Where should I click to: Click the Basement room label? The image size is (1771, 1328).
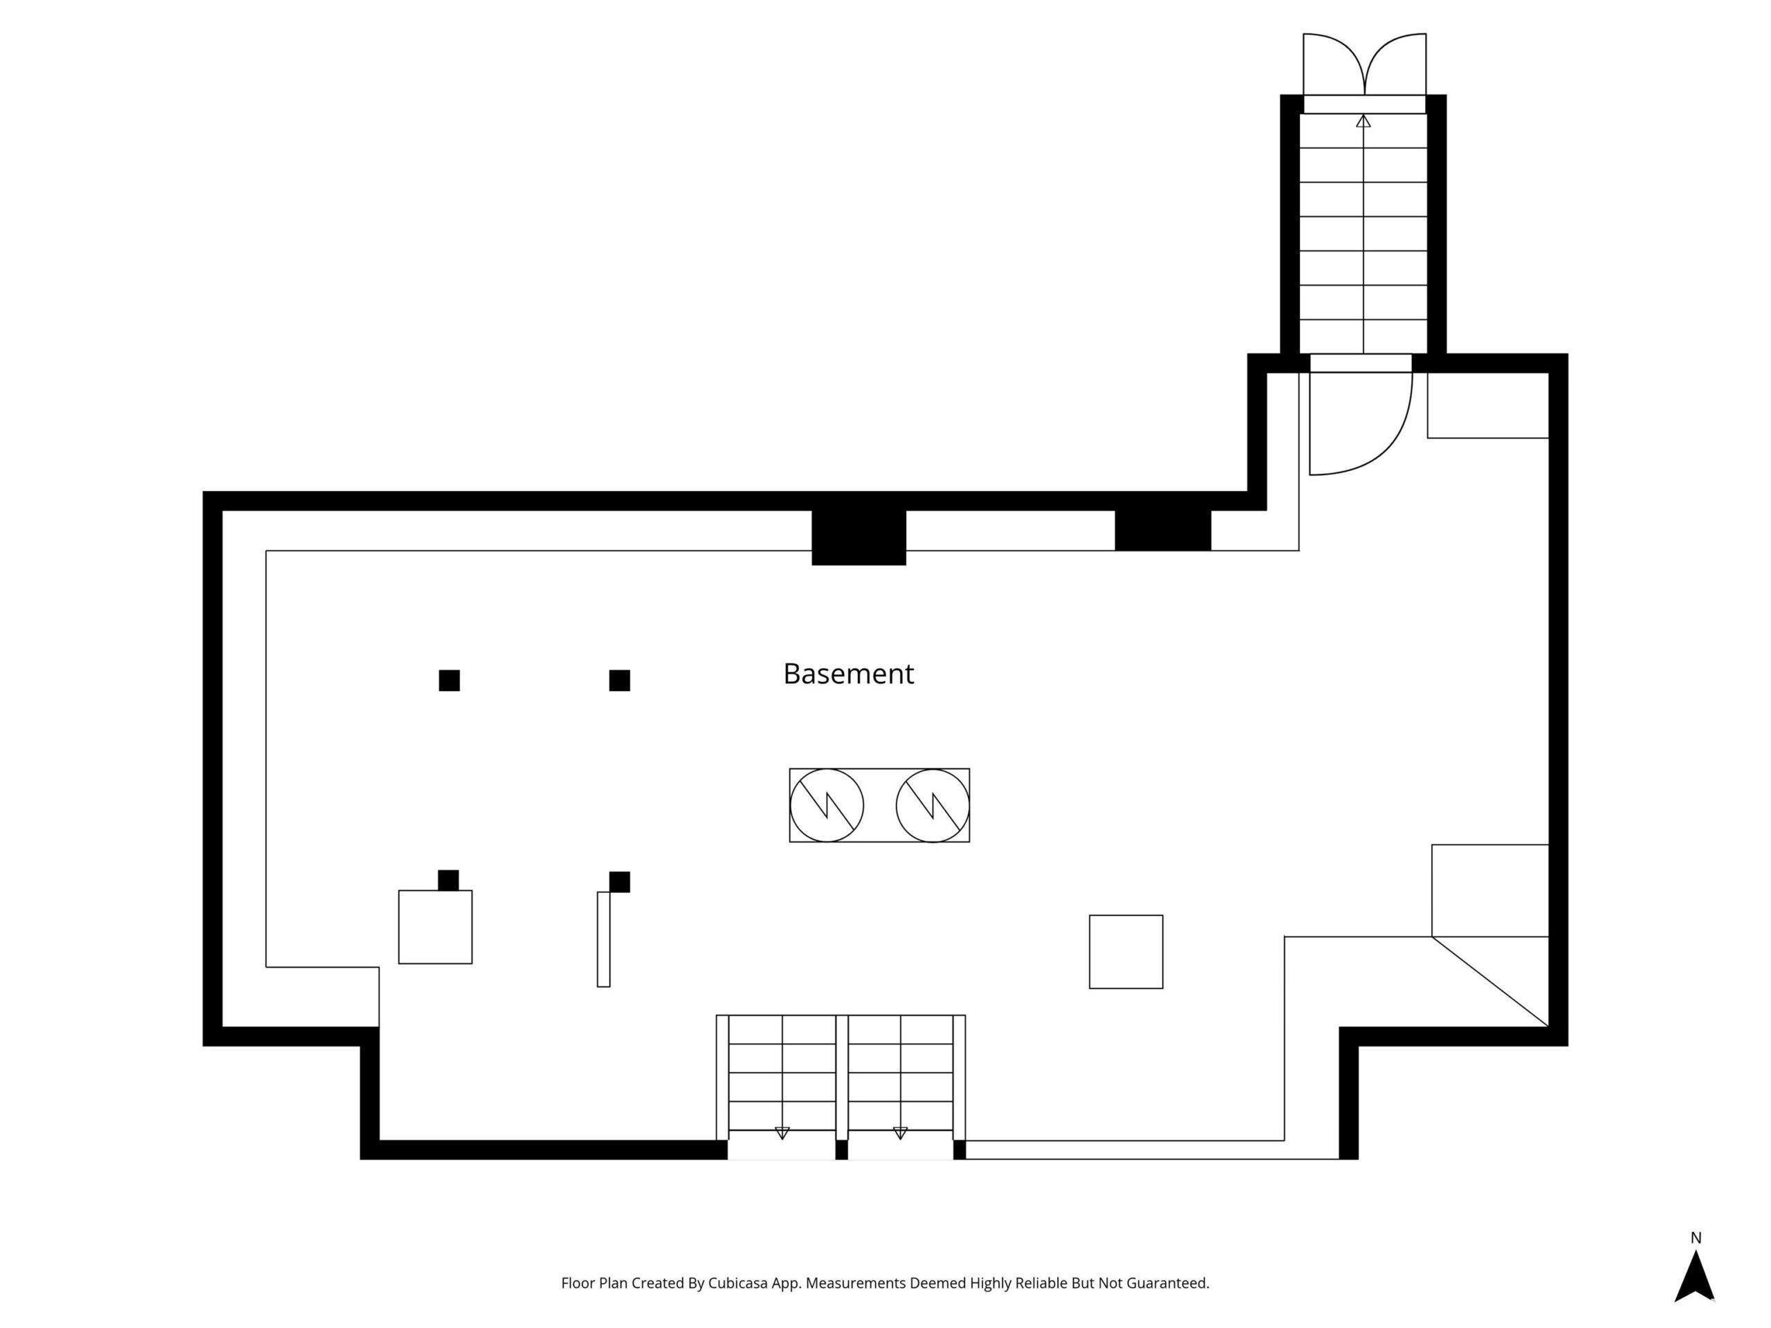click(848, 674)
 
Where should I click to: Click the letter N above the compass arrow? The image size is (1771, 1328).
click(1696, 1237)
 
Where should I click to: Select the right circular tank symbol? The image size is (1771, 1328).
click(933, 805)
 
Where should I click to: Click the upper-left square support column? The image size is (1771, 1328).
click(449, 681)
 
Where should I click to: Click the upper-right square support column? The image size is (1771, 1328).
click(620, 681)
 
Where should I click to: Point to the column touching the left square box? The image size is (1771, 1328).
click(448, 880)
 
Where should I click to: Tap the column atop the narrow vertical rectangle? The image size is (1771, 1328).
click(620, 882)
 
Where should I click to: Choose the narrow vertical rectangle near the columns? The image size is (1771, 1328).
click(604, 940)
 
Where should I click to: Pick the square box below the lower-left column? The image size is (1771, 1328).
click(436, 927)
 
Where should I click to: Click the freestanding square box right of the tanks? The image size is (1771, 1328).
click(1126, 952)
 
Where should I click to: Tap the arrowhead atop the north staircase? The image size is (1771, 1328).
click(1364, 121)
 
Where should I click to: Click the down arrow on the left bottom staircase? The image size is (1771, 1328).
click(782, 1133)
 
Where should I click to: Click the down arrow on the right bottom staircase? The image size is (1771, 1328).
click(900, 1133)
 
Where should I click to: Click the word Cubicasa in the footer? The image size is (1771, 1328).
click(738, 1283)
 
